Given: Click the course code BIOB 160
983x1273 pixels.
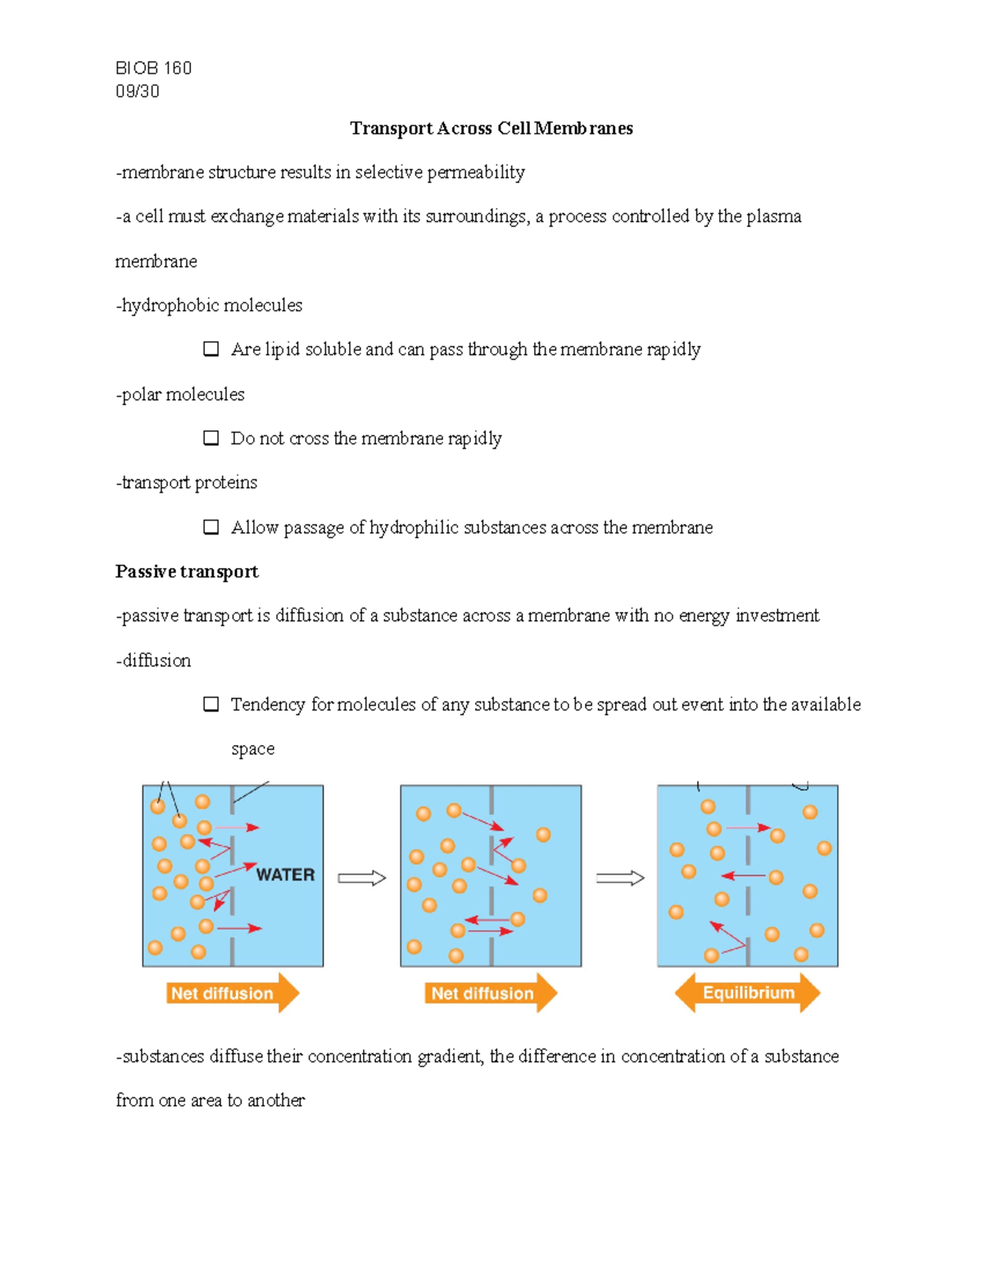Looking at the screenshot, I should [153, 68].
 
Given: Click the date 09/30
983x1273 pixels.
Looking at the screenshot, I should [137, 91].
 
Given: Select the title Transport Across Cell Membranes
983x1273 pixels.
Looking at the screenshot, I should [491, 128].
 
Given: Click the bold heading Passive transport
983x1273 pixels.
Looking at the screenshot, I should [187, 571].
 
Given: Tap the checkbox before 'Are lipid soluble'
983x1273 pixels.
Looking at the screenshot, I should [211, 349].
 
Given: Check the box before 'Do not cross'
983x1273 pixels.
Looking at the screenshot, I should [211, 438].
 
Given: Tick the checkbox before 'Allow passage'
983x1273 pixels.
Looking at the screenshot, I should [211, 527].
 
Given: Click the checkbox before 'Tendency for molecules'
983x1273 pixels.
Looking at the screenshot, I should [211, 704].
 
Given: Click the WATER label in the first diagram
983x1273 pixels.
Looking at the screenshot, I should [285, 875].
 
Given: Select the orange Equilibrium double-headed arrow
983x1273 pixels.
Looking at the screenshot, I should [747, 993].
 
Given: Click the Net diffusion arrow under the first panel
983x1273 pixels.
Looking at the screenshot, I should [232, 993].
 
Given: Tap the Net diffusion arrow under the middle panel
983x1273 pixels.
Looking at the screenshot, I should [490, 993].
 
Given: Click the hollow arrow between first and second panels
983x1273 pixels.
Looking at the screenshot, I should [361, 879].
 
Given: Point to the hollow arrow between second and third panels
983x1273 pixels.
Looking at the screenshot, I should [619, 879].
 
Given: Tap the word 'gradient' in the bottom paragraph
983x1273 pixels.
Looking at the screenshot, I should [450, 1057].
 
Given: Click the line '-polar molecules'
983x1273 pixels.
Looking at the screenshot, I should [180, 394].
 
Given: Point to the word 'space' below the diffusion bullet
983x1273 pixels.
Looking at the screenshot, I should [252, 749].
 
